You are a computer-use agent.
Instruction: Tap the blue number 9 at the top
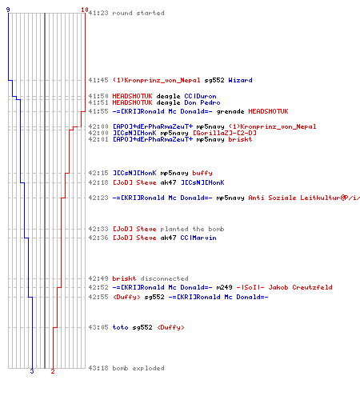click(8, 10)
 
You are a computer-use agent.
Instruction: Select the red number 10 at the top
click(85, 10)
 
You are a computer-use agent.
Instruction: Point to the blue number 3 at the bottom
click(32, 371)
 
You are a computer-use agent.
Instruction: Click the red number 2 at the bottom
click(53, 371)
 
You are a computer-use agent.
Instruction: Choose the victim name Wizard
click(240, 80)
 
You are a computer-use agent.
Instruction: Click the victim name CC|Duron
click(200, 96)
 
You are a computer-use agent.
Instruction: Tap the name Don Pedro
click(202, 102)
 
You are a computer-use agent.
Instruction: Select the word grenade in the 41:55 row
click(230, 111)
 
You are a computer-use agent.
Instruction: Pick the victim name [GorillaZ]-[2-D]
click(225, 133)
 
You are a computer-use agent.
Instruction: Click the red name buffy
click(202, 173)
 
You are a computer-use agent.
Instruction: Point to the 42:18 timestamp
click(98, 182)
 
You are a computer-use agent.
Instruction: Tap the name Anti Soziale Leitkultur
click(294, 198)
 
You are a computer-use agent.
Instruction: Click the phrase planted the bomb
click(192, 229)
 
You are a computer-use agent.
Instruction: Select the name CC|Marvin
click(198, 238)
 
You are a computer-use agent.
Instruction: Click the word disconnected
click(164, 278)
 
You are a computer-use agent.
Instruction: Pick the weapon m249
click(224, 287)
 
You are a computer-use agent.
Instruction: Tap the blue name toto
click(120, 327)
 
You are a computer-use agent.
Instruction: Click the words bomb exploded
click(138, 368)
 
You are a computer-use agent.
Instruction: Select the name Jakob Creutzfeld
click(300, 287)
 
